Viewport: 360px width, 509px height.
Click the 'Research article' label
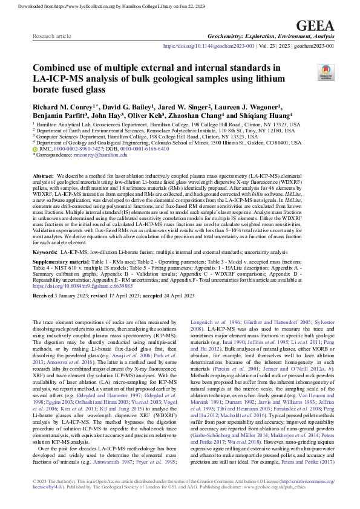(x=50, y=37)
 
